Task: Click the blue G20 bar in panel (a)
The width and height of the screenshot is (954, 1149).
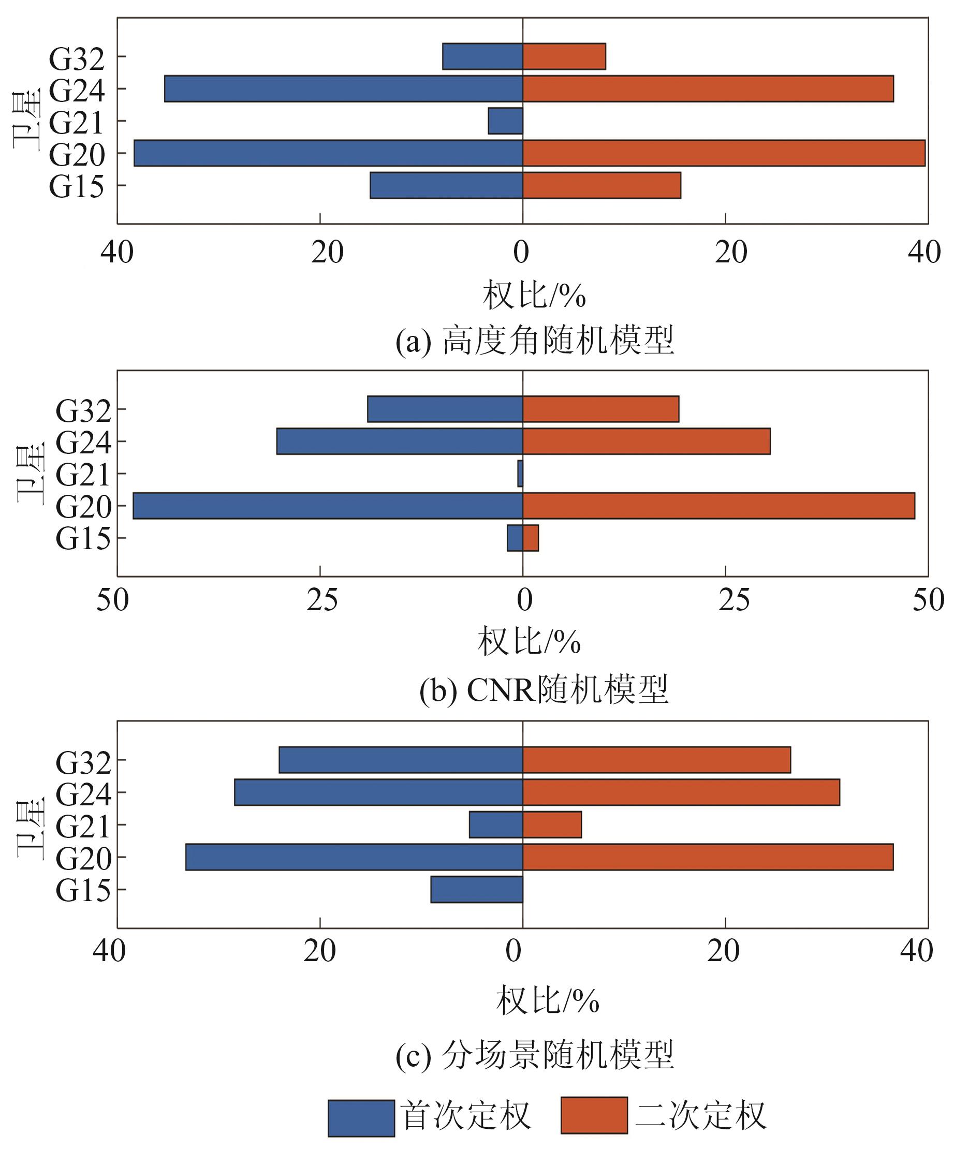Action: coord(328,153)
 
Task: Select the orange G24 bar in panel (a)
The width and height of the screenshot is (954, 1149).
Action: coord(708,89)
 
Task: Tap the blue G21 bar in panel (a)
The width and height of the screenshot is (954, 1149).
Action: coord(505,121)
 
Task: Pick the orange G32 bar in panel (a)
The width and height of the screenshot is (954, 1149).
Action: coord(564,56)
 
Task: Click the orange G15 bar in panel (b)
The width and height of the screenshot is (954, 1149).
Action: coord(531,538)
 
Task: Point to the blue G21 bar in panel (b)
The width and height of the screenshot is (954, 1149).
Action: coord(521,473)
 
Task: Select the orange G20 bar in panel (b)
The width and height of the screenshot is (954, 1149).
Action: coord(718,506)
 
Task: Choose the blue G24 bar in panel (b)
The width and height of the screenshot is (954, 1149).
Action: coord(400,441)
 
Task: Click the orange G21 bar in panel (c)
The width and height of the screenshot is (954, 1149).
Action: coord(552,824)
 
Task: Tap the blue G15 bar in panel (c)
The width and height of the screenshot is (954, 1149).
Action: coord(476,889)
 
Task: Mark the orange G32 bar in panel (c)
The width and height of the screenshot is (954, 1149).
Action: coord(656,760)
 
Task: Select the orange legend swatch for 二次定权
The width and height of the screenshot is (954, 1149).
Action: coord(594,1116)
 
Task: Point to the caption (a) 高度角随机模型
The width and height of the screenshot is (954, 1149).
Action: coord(534,341)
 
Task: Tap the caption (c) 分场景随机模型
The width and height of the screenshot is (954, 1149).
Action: coord(534,1055)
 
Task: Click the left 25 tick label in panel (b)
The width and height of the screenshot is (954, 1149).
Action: coord(322,600)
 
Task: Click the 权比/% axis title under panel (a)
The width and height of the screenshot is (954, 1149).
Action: coord(534,296)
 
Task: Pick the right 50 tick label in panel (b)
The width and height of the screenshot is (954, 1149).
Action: coord(928,600)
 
